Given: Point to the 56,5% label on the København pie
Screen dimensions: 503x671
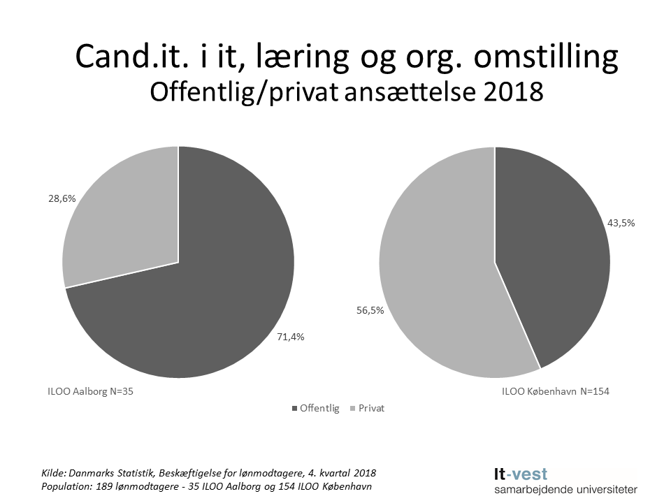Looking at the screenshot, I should [370, 311].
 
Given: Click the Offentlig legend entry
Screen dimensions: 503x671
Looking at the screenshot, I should [315, 409].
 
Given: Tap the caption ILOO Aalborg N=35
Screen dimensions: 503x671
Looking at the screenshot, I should [85, 392].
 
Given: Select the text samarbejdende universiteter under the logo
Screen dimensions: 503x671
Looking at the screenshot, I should [565, 490].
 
